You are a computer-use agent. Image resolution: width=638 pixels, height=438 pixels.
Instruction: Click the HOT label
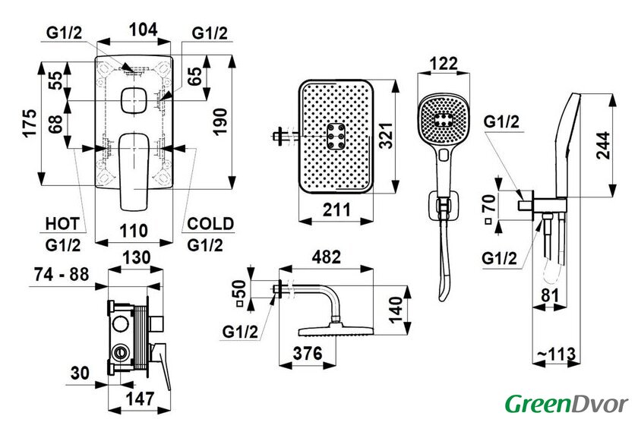click(x=62, y=224)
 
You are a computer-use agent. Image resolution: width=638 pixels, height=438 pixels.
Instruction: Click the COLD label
click(x=210, y=224)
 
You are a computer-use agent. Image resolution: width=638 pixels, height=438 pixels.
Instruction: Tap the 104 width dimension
click(x=143, y=30)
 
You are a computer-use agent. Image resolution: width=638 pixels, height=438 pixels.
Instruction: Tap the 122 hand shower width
click(x=442, y=62)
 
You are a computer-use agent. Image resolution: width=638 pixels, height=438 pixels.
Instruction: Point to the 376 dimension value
click(x=310, y=353)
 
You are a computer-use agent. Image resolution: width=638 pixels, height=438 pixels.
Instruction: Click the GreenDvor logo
click(x=567, y=402)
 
